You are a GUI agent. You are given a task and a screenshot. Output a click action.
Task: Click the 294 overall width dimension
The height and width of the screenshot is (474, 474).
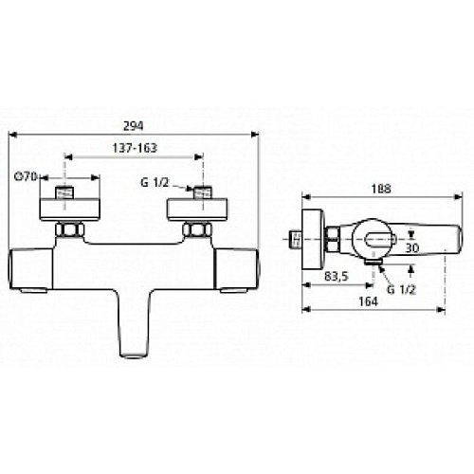pyautogui.click(x=133, y=126)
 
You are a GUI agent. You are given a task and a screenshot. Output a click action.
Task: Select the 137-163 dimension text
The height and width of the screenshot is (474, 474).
pyautogui.click(x=135, y=148)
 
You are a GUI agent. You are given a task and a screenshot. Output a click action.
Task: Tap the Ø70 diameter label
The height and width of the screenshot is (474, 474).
pyautogui.click(x=27, y=176)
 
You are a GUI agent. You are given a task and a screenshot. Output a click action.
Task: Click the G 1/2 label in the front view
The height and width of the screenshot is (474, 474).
pyautogui.click(x=155, y=183)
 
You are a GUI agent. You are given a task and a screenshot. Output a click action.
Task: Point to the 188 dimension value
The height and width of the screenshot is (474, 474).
pyautogui.click(x=381, y=189)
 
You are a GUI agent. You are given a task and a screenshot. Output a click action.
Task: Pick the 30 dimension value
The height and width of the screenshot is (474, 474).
pyautogui.click(x=412, y=247)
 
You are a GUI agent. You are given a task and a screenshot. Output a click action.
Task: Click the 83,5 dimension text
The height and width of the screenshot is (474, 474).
pyautogui.click(x=337, y=277)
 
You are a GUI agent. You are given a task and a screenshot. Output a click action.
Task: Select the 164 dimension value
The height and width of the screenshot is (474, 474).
pyautogui.click(x=368, y=301)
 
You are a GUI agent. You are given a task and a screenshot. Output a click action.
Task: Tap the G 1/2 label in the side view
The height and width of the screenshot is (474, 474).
pyautogui.click(x=401, y=289)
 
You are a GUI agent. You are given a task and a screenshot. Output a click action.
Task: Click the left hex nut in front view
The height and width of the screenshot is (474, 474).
pyautogui.click(x=70, y=229)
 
